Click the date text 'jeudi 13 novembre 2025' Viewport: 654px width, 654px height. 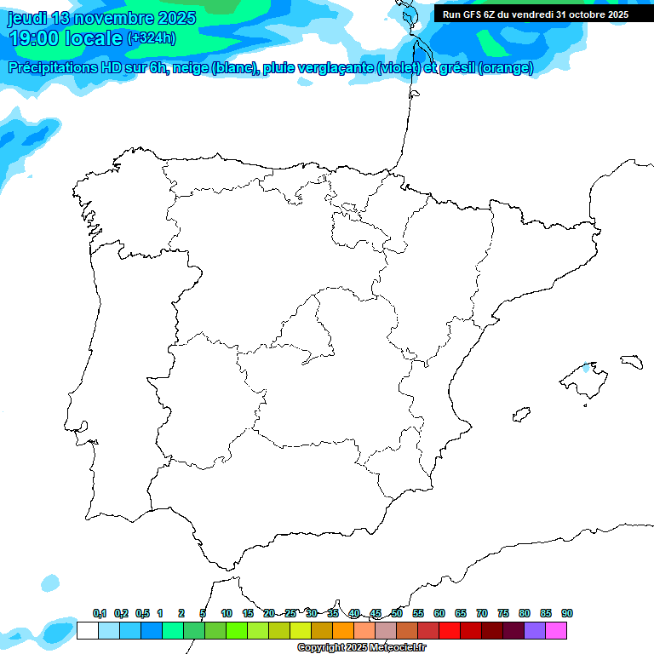tap(101, 18)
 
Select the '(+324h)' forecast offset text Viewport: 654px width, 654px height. tap(151, 38)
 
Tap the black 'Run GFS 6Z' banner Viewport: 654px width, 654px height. tap(535, 14)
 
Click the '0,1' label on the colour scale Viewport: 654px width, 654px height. tap(100, 613)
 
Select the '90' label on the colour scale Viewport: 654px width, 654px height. tap(567, 613)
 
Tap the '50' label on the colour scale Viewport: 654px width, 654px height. tap(397, 613)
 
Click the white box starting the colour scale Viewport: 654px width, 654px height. tap(87, 630)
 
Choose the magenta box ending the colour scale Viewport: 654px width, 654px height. tap(556, 630)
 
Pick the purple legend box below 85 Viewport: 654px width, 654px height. tap(535, 630)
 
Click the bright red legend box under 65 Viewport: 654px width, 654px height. tap(450, 630)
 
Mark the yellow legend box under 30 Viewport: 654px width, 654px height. tap(301, 630)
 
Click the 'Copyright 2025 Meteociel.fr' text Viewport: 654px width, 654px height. tap(362, 648)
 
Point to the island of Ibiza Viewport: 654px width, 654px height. tap(519, 415)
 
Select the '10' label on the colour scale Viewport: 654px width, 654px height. tap(227, 613)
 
